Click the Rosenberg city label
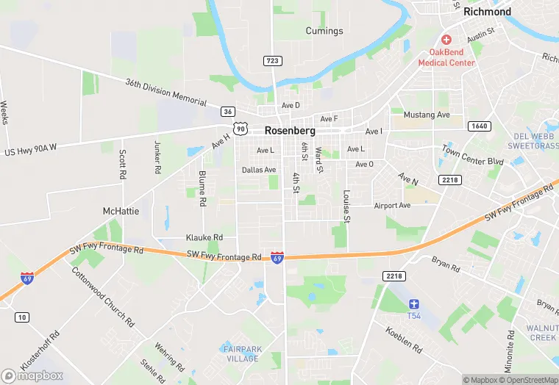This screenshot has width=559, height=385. [x=290, y=130]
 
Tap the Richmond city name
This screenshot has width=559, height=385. [x=487, y=12]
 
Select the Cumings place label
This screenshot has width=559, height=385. [x=324, y=31]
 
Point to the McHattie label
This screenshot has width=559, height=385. [x=121, y=211]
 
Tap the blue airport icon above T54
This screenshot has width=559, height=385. [x=414, y=304]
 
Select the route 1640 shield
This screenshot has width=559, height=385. [x=478, y=126]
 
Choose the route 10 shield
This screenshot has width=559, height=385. [x=23, y=317]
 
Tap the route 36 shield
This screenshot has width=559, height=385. [x=228, y=112]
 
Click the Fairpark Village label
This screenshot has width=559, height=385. [x=242, y=353]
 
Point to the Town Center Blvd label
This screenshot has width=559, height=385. [x=472, y=155]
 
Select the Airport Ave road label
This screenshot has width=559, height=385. [x=392, y=206]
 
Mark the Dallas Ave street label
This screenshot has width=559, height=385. [x=259, y=170]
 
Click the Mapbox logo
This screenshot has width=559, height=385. [x=32, y=375]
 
